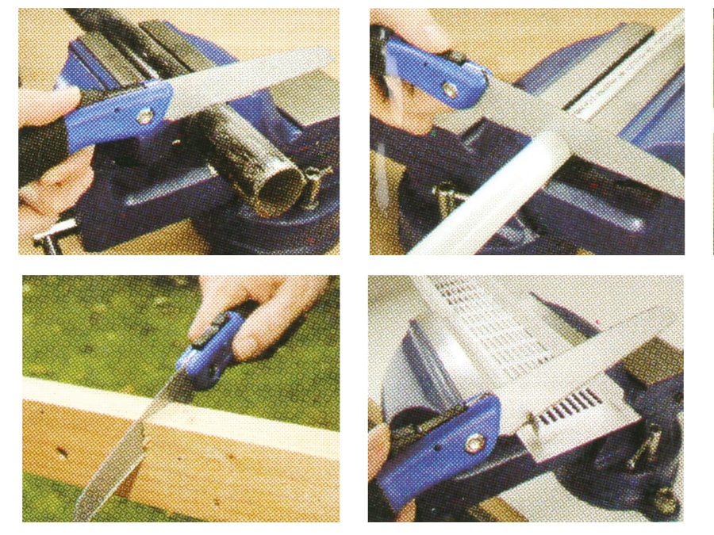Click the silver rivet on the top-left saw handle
click(x=144, y=116)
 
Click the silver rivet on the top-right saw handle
click(x=451, y=92)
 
